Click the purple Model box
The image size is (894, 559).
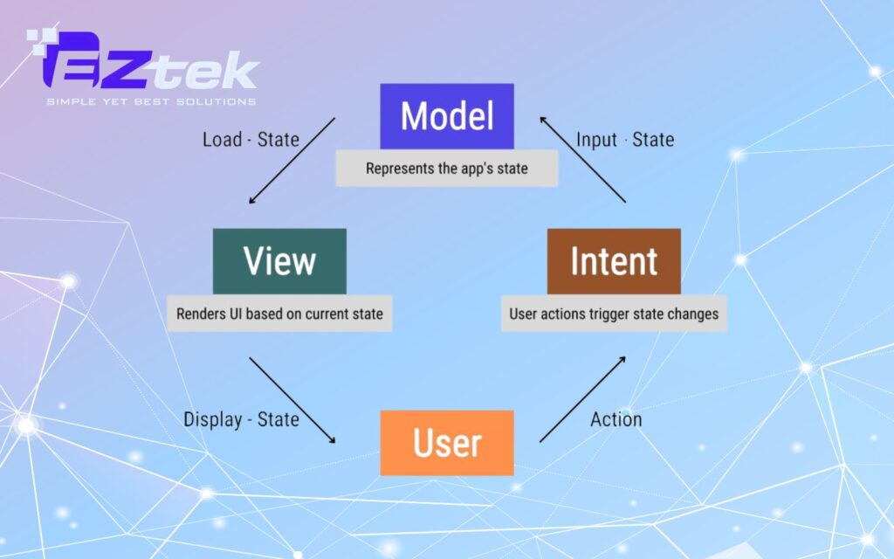tap(447, 116)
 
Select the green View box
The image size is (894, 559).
tap(279, 261)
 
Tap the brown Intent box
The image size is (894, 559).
tap(614, 261)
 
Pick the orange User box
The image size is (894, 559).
tap(447, 443)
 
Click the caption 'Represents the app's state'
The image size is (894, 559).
tap(447, 169)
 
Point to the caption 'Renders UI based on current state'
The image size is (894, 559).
tap(279, 314)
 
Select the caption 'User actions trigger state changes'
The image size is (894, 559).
tap(614, 314)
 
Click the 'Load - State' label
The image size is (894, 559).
tap(251, 139)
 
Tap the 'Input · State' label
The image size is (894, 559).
tap(625, 139)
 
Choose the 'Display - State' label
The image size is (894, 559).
tap(241, 419)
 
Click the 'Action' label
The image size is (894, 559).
tap(615, 419)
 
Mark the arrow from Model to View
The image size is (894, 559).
tap(292, 161)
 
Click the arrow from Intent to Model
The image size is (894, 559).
tap(582, 160)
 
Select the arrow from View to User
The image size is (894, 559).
tap(292, 400)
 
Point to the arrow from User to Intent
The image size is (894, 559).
tap(582, 399)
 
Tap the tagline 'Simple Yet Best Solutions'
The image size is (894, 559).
tap(151, 101)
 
